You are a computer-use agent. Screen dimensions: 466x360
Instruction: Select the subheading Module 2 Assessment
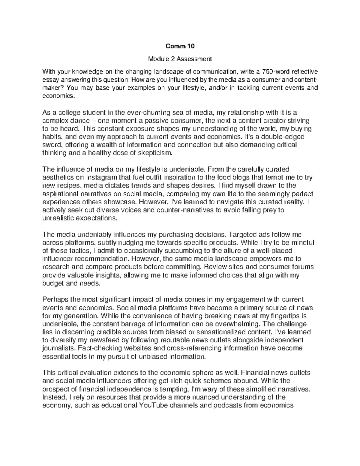(x=180, y=59)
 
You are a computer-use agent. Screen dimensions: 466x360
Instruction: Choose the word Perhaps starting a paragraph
(x=55, y=299)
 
